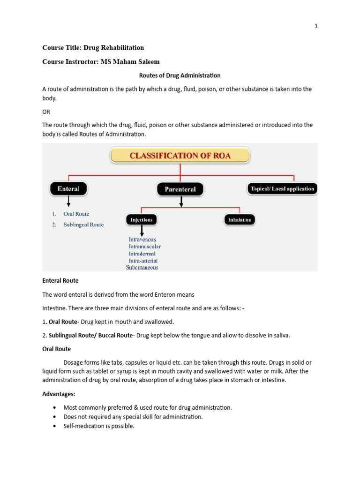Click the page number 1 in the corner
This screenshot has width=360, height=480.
(x=316, y=26)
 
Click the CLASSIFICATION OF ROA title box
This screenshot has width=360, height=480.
(x=180, y=156)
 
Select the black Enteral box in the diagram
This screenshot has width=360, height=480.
(x=68, y=189)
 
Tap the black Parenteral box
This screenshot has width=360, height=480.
(x=180, y=189)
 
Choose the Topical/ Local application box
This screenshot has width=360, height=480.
(x=282, y=189)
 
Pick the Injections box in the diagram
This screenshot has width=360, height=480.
(x=141, y=219)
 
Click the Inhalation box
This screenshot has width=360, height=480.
(x=240, y=219)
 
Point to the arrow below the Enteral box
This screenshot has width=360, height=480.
(x=69, y=202)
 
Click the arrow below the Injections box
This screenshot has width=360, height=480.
(x=142, y=231)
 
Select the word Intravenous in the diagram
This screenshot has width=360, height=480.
(x=142, y=240)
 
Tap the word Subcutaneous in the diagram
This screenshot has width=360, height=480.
(x=142, y=268)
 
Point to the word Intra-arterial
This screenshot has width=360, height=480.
(x=143, y=261)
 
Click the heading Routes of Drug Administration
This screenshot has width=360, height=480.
(x=180, y=75)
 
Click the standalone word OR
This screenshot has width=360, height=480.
(x=46, y=112)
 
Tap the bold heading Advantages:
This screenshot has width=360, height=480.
(x=59, y=394)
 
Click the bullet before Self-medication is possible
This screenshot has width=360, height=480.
(x=56, y=426)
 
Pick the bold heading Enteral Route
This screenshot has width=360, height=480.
(x=60, y=280)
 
